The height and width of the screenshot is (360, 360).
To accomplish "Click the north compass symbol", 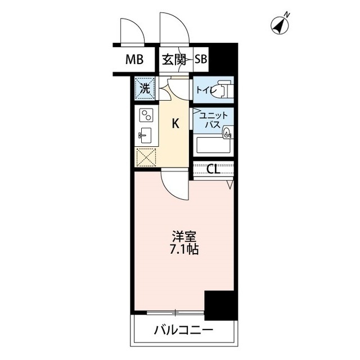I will pyautogui.click(x=280, y=24).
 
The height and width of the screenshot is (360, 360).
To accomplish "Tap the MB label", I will pyautogui.click(x=134, y=60).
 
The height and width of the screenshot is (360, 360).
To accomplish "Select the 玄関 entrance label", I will pyautogui.click(x=175, y=60).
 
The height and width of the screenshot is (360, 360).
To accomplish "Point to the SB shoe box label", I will pyautogui.click(x=201, y=60).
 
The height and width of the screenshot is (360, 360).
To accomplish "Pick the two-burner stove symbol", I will pyautogui.click(x=146, y=115).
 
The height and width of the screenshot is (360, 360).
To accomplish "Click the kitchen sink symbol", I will pyautogui.click(x=146, y=136).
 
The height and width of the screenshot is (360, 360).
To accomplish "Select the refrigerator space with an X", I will pyautogui.click(x=146, y=157).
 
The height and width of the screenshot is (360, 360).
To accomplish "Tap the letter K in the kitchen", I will pyautogui.click(x=175, y=124).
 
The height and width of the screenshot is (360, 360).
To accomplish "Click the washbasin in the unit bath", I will pyautogui.click(x=226, y=133).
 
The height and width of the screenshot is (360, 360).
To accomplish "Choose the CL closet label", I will pyautogui.click(x=213, y=169).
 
